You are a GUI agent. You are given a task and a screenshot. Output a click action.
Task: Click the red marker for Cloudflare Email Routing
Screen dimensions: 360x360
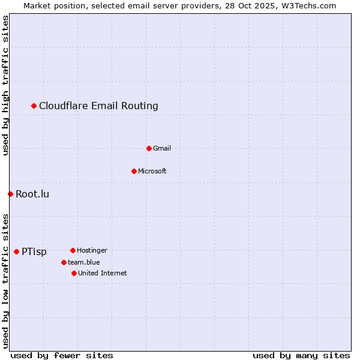(34, 106)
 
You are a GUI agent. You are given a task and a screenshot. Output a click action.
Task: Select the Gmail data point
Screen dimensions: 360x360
(149, 148)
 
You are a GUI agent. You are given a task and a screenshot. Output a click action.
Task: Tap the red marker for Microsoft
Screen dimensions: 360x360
(134, 171)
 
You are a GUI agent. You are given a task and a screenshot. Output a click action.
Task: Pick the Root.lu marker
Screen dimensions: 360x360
(10, 194)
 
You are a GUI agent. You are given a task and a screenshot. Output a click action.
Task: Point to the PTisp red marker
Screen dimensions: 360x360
(16, 251)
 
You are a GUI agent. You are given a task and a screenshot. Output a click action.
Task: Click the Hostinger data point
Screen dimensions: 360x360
(73, 250)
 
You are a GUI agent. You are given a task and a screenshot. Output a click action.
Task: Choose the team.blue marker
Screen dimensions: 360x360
(64, 262)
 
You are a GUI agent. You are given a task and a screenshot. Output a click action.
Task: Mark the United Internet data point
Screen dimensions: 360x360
(74, 273)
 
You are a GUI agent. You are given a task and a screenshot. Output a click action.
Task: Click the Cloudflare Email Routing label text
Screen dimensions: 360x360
(98, 106)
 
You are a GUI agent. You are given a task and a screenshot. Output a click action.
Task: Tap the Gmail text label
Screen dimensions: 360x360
(162, 148)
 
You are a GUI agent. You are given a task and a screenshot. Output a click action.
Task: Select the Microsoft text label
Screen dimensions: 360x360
(152, 171)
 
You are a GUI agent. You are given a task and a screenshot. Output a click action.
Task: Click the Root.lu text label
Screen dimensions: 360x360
(32, 194)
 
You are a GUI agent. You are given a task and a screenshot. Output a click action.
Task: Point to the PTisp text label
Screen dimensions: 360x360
(34, 252)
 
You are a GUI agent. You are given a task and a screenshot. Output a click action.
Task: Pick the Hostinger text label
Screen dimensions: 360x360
(92, 250)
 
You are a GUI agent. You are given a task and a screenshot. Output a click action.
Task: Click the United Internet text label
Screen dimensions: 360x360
(102, 273)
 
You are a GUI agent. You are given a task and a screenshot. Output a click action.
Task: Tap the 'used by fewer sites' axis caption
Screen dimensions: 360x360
(62, 355)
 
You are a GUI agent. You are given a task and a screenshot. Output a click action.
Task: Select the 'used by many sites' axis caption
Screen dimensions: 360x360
(301, 355)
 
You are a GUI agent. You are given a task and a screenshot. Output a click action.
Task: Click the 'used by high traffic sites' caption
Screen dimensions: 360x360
(6, 85)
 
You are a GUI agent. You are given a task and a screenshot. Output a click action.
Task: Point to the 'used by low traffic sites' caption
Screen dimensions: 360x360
(6, 281)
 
